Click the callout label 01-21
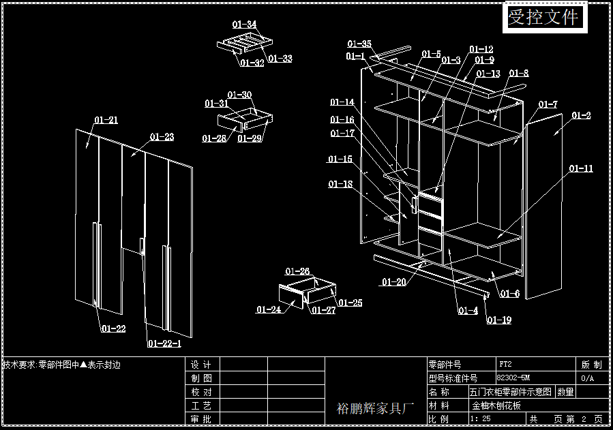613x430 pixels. tap(106, 120)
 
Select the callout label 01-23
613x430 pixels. tap(162, 137)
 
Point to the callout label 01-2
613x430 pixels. tap(581, 115)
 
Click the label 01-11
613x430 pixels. tap(581, 168)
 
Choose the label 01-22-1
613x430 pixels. tap(164, 343)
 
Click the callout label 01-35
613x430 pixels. tap(359, 44)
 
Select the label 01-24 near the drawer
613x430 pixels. tap(269, 309)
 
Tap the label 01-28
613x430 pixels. tap(214, 138)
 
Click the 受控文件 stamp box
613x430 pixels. tap(545, 17)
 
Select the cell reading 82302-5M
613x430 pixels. tap(513, 378)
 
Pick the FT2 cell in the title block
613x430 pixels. tap(505, 364)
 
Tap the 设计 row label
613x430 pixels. tap(201, 365)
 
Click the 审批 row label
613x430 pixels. tap(201, 418)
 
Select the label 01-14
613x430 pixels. tap(342, 102)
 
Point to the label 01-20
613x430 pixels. tap(393, 281)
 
